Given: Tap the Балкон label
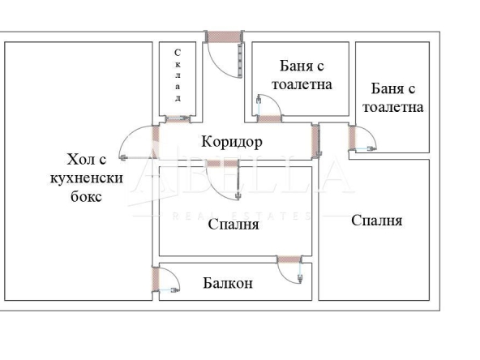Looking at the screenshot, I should (x=228, y=283).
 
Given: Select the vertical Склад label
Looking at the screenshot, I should (x=177, y=75).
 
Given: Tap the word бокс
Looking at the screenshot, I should (x=84, y=197).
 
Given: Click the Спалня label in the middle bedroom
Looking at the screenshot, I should (x=233, y=225).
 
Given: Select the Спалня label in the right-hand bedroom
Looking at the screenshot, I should (x=376, y=220).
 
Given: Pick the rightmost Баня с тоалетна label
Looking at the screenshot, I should (x=393, y=97).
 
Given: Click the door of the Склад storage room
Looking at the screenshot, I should (x=174, y=119).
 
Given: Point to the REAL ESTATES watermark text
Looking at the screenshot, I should (x=242, y=216).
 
